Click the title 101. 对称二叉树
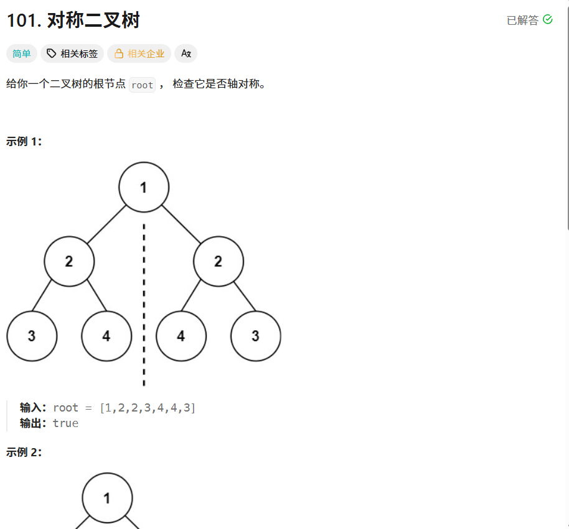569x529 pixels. (73, 20)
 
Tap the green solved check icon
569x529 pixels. (548, 19)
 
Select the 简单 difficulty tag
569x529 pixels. (22, 53)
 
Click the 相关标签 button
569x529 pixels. (72, 53)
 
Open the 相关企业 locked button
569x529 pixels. (139, 53)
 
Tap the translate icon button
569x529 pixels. (186, 53)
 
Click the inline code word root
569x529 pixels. (142, 85)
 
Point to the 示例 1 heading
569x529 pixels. (24, 141)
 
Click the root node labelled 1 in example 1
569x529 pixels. (144, 187)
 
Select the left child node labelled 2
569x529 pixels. (69, 262)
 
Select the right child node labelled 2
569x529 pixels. (218, 262)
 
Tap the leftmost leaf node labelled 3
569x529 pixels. (32, 336)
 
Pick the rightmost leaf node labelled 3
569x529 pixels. (255, 336)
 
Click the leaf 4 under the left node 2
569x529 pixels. (106, 336)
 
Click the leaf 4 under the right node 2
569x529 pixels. (181, 336)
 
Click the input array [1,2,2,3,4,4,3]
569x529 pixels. (148, 408)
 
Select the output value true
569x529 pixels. (65, 423)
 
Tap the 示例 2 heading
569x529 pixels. (24, 452)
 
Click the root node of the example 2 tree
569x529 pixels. (107, 499)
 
